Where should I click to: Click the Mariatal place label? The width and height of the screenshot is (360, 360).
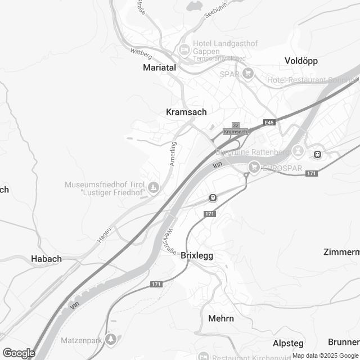click(x=159, y=67)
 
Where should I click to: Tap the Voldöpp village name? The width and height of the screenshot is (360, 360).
click(x=302, y=60)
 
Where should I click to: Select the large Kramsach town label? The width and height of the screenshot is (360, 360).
click(x=187, y=112)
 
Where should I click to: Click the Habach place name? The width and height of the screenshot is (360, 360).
click(x=46, y=259)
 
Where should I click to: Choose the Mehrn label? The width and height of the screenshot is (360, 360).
click(x=220, y=318)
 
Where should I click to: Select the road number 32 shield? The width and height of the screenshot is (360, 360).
click(x=236, y=125)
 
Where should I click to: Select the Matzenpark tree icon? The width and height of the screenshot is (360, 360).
click(x=112, y=339)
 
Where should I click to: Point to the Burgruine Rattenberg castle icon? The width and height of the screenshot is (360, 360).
click(x=298, y=151)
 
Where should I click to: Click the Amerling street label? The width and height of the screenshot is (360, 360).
click(x=173, y=153)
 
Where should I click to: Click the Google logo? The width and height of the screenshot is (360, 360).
click(x=18, y=353)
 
